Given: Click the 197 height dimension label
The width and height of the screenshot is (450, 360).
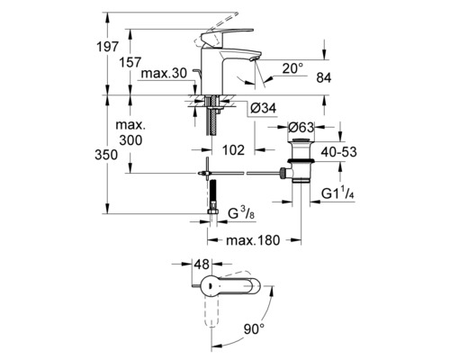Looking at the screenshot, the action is point(108,47).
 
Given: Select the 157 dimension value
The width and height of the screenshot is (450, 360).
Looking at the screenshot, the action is point(130,63).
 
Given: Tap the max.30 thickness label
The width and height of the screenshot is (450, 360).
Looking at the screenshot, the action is point(164,73).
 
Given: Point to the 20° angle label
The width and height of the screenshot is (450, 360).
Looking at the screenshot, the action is point(292,68).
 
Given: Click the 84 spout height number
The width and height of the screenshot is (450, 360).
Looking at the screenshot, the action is point(324,78).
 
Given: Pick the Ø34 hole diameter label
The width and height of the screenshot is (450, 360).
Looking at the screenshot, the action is point(263,108).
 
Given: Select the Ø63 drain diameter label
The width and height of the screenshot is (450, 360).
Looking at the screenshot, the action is point(301,128).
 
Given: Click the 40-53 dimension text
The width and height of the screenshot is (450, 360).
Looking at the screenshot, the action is point(338,152).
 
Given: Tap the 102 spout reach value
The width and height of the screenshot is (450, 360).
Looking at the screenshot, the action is point(233,150).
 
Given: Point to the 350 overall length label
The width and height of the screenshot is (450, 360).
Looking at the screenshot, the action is point(106,155).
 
